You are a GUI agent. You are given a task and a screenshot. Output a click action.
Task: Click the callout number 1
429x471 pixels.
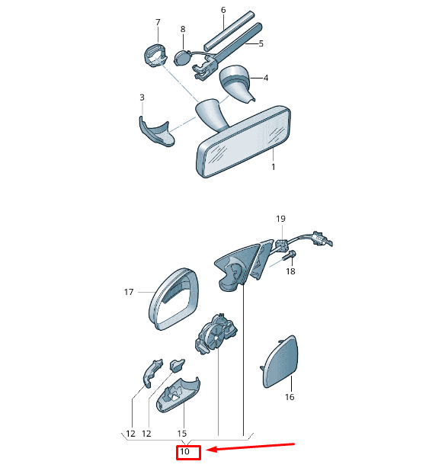pos(273,167)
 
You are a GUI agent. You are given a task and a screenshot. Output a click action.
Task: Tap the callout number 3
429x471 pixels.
pos(142,98)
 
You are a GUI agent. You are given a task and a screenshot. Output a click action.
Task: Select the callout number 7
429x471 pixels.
pos(158,22)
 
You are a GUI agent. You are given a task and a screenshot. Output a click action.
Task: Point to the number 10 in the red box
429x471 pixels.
pos(184,451)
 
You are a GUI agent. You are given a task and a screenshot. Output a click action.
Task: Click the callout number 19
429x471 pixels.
pos(280,219)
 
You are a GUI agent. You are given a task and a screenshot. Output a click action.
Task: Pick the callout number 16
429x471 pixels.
pos(290,397)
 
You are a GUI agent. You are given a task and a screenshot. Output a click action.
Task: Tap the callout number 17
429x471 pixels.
pos(129,292)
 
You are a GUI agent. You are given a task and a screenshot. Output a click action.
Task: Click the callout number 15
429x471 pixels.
pos(182,434)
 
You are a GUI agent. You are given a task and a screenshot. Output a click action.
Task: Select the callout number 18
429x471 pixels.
pos(290,271)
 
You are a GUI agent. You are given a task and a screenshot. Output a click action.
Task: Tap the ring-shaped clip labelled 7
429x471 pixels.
pos(155,56)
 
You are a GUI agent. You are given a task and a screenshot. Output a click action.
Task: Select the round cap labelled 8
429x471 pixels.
pos(182,58)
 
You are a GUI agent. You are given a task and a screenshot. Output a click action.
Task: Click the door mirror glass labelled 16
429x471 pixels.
pos(280,362)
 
